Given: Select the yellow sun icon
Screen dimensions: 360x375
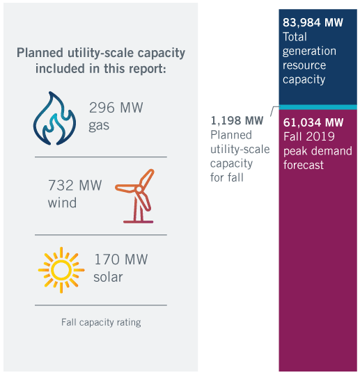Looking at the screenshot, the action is (x=61, y=270).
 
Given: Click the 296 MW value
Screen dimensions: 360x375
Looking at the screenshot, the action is (x=116, y=108).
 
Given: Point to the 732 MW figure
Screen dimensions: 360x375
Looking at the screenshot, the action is (x=75, y=185).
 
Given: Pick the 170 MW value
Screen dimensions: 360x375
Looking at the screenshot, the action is (x=121, y=260).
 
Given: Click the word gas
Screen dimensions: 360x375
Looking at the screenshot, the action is (x=99, y=125).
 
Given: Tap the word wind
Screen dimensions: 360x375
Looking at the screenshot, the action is (x=62, y=203).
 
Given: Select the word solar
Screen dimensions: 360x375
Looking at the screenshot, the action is (x=108, y=277).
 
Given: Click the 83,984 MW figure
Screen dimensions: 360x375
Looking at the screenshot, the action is (x=313, y=23).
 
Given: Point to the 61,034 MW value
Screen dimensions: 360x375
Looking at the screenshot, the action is (x=313, y=122).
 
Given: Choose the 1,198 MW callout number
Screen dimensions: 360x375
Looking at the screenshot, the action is (x=237, y=121).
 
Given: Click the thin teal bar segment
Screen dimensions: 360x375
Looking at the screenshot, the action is (x=318, y=107).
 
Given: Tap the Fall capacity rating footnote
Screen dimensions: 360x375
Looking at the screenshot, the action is (x=101, y=322).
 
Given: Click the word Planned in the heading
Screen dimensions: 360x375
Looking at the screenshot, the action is (x=40, y=53).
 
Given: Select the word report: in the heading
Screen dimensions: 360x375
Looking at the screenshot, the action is (x=148, y=69).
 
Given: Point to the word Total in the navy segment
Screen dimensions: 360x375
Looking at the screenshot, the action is (x=295, y=37).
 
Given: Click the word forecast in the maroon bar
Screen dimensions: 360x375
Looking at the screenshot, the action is (x=304, y=165).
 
